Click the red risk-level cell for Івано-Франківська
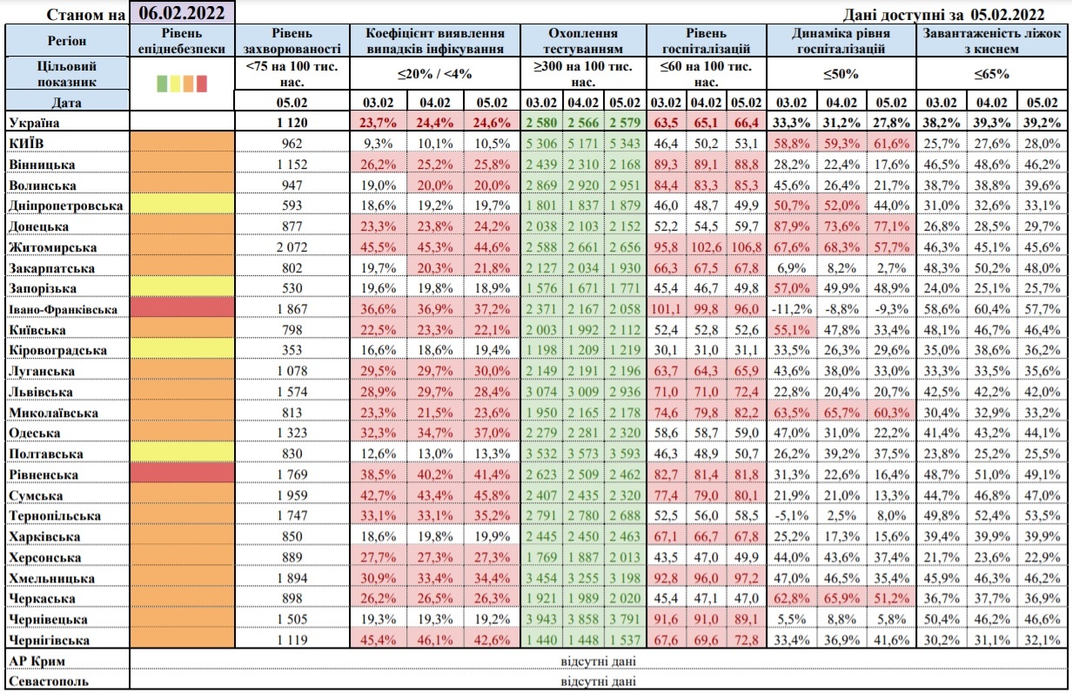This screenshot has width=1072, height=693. tap(181, 309)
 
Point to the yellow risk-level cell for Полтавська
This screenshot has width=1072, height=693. tap(181, 454)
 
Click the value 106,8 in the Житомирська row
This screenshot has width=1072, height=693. tap(746, 247)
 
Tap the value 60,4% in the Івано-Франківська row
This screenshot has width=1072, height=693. tap(992, 309)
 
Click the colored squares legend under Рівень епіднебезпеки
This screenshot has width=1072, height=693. tap(181, 83)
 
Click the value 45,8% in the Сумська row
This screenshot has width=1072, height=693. tap(493, 495)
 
